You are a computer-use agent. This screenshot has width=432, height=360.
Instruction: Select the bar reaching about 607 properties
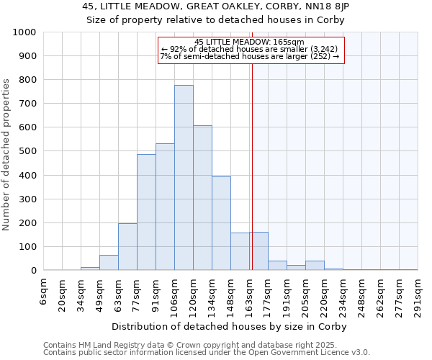coord(202,198)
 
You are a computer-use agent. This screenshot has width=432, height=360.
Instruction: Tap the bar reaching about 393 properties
coord(221,223)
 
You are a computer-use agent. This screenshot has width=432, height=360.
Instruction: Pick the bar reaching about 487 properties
coord(146,212)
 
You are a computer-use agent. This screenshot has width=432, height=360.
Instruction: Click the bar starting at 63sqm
coord(127,247)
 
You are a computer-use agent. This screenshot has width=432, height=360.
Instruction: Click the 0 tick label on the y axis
coord(34,271)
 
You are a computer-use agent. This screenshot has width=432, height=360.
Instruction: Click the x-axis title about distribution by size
coord(230,326)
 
